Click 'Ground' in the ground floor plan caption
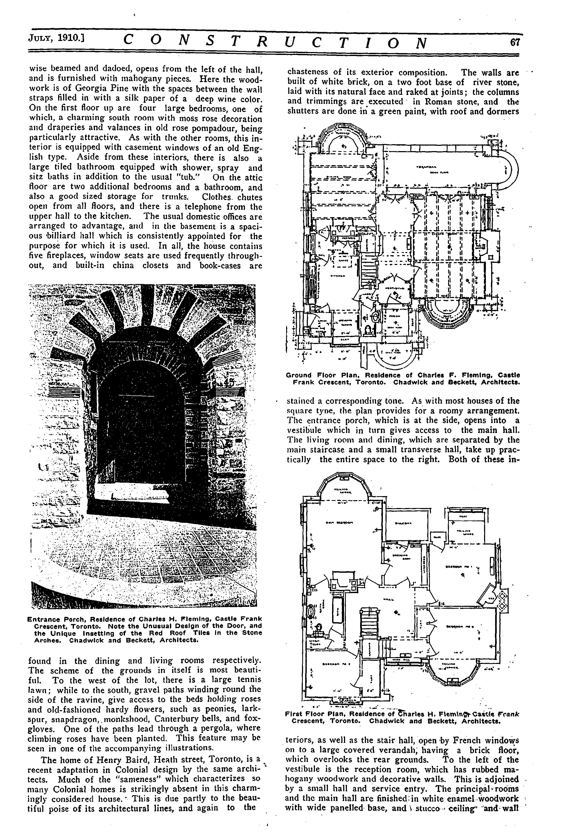tap(299, 375)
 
